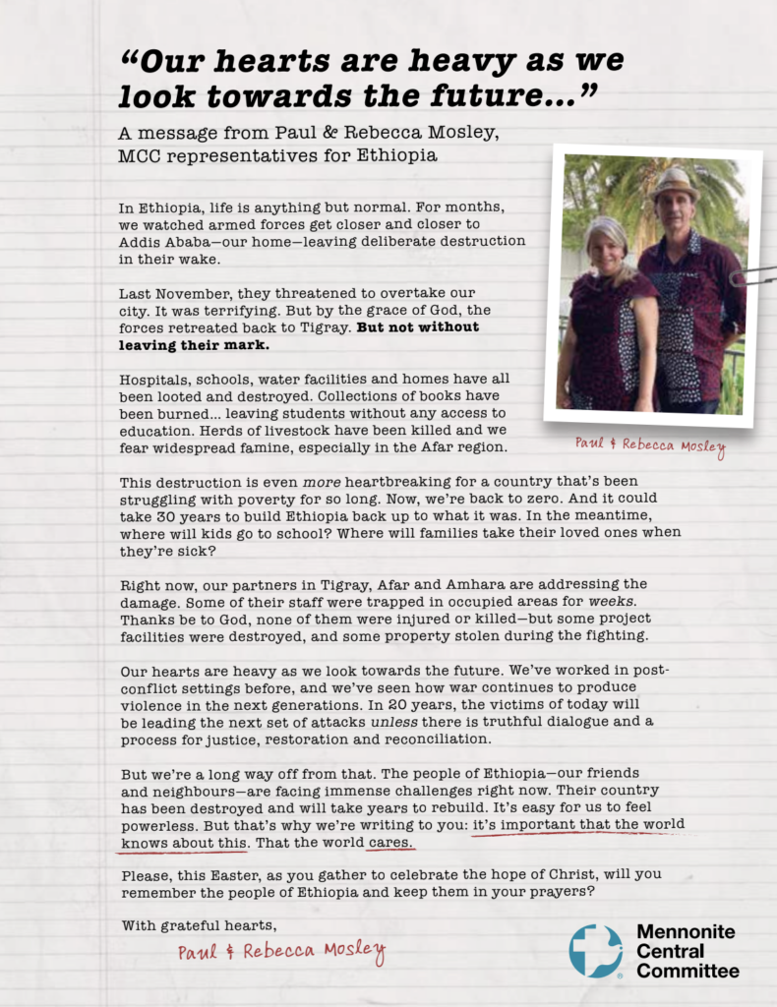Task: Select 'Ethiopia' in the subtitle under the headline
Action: click(x=392, y=155)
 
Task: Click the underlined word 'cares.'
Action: click(x=392, y=844)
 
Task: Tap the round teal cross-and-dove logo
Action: click(x=596, y=951)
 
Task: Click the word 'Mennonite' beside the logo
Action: click(x=687, y=932)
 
